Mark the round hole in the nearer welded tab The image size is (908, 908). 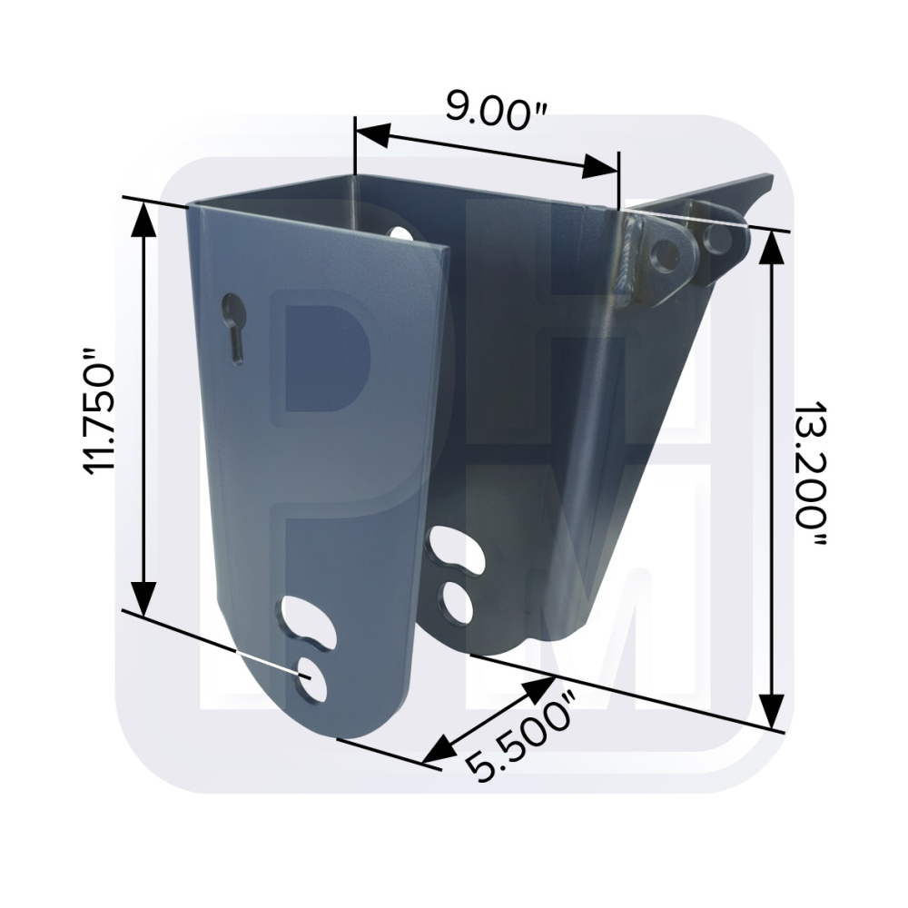click(x=666, y=253)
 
